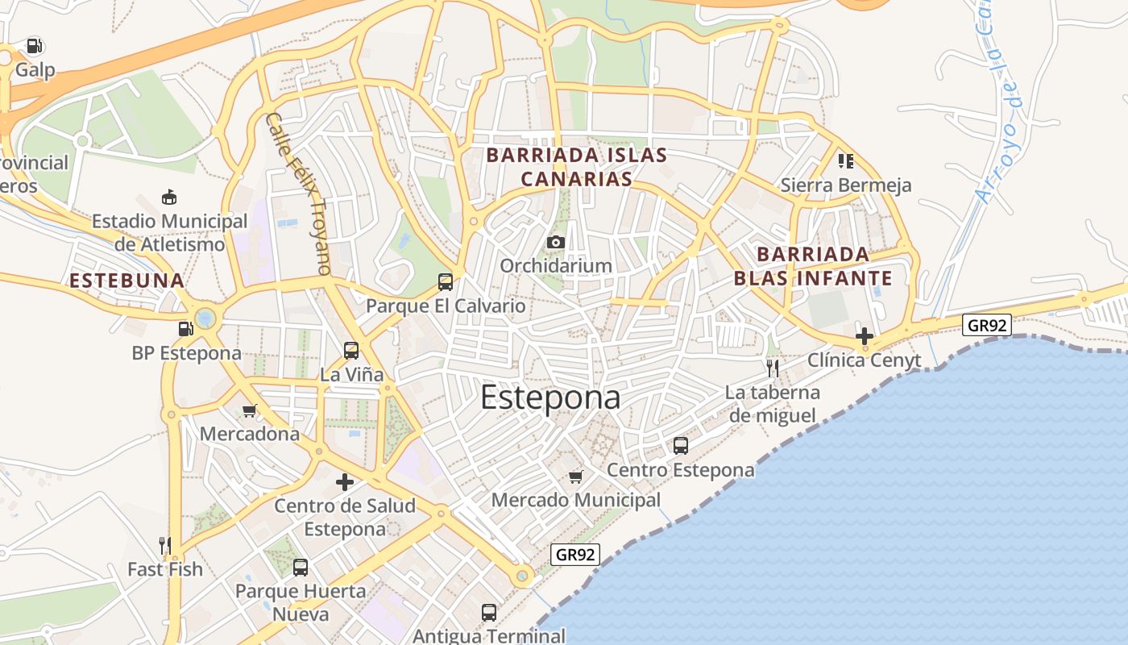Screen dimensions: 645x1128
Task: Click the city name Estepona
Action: pyautogui.click(x=550, y=397)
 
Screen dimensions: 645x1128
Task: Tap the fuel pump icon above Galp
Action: pyautogui.click(x=34, y=46)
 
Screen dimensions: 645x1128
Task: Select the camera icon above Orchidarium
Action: pyautogui.click(x=555, y=242)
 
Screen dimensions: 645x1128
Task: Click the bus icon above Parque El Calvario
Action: pyautogui.click(x=446, y=281)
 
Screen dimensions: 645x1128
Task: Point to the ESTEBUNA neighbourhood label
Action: pyautogui.click(x=127, y=281)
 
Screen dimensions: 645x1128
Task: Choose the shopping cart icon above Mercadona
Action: pyautogui.click(x=249, y=410)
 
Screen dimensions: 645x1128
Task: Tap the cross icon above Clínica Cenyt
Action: pyautogui.click(x=865, y=335)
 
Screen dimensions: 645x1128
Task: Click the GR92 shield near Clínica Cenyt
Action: pyautogui.click(x=987, y=325)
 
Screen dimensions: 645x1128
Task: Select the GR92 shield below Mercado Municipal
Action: pyautogui.click(x=575, y=554)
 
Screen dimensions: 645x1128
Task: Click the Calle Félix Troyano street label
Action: pyautogui.click(x=299, y=193)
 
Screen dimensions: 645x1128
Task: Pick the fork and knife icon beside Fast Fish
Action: pyautogui.click(x=165, y=546)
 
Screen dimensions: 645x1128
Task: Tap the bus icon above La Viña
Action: pyautogui.click(x=351, y=350)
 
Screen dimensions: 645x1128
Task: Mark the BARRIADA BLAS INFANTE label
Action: pyautogui.click(x=813, y=267)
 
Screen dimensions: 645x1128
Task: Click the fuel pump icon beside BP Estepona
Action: pyautogui.click(x=185, y=329)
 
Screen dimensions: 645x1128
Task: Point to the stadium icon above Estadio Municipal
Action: pyautogui.click(x=169, y=197)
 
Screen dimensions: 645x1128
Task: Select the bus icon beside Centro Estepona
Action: pyautogui.click(x=681, y=445)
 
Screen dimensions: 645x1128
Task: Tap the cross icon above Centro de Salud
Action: pyautogui.click(x=345, y=482)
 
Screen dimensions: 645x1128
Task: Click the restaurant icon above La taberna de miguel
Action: pyautogui.click(x=773, y=368)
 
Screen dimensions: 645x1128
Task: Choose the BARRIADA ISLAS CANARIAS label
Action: pyautogui.click(x=577, y=167)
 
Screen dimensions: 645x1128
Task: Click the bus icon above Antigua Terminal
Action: pyautogui.click(x=489, y=612)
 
